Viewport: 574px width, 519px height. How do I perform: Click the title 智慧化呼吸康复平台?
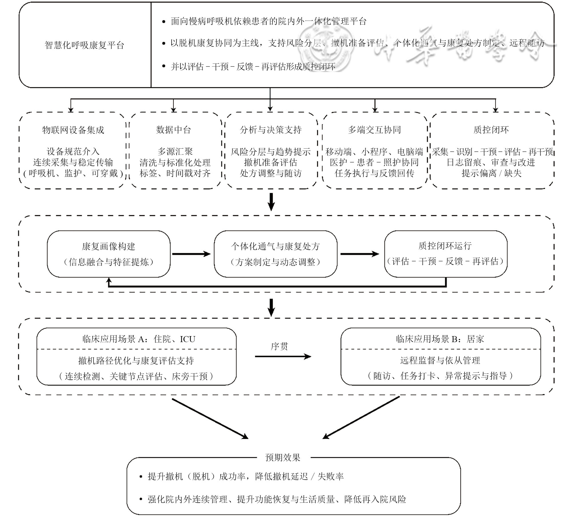click(x=84, y=45)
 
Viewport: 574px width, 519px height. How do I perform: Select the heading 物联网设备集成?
click(x=73, y=130)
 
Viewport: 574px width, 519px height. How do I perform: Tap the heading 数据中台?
click(x=174, y=130)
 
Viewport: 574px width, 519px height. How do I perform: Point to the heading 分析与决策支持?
click(x=271, y=130)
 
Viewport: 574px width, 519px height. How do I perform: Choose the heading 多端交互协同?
click(x=374, y=130)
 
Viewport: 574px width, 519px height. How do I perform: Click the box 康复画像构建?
click(x=109, y=254)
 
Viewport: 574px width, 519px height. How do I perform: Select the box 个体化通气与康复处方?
click(x=275, y=254)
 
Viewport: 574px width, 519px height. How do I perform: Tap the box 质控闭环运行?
click(x=445, y=254)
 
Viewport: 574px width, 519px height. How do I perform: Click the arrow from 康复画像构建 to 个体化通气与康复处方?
click(x=191, y=254)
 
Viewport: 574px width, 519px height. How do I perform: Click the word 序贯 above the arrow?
click(x=279, y=346)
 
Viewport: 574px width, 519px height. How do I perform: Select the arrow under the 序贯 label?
click(x=283, y=356)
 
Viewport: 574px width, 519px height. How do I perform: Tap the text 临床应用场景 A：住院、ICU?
click(x=139, y=339)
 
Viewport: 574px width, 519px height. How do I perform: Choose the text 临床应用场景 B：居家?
click(x=440, y=339)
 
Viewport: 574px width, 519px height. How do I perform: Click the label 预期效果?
click(x=283, y=458)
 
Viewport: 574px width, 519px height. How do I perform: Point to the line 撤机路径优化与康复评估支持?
click(x=136, y=361)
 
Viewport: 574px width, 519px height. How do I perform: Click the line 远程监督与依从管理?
click(x=440, y=361)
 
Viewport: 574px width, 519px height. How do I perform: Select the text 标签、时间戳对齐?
click(x=175, y=173)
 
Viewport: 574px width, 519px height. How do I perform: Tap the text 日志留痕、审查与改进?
click(x=491, y=162)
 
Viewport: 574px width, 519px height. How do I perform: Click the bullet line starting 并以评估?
click(x=253, y=67)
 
